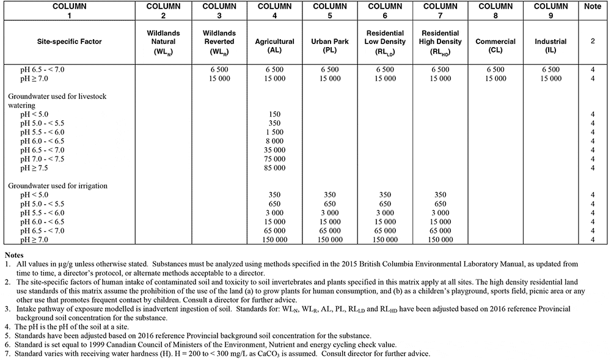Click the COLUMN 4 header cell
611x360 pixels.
(274, 11)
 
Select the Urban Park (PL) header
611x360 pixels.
(330, 46)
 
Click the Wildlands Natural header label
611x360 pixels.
(163, 41)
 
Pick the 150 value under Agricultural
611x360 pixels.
(274, 114)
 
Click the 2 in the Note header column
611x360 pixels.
(593, 42)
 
